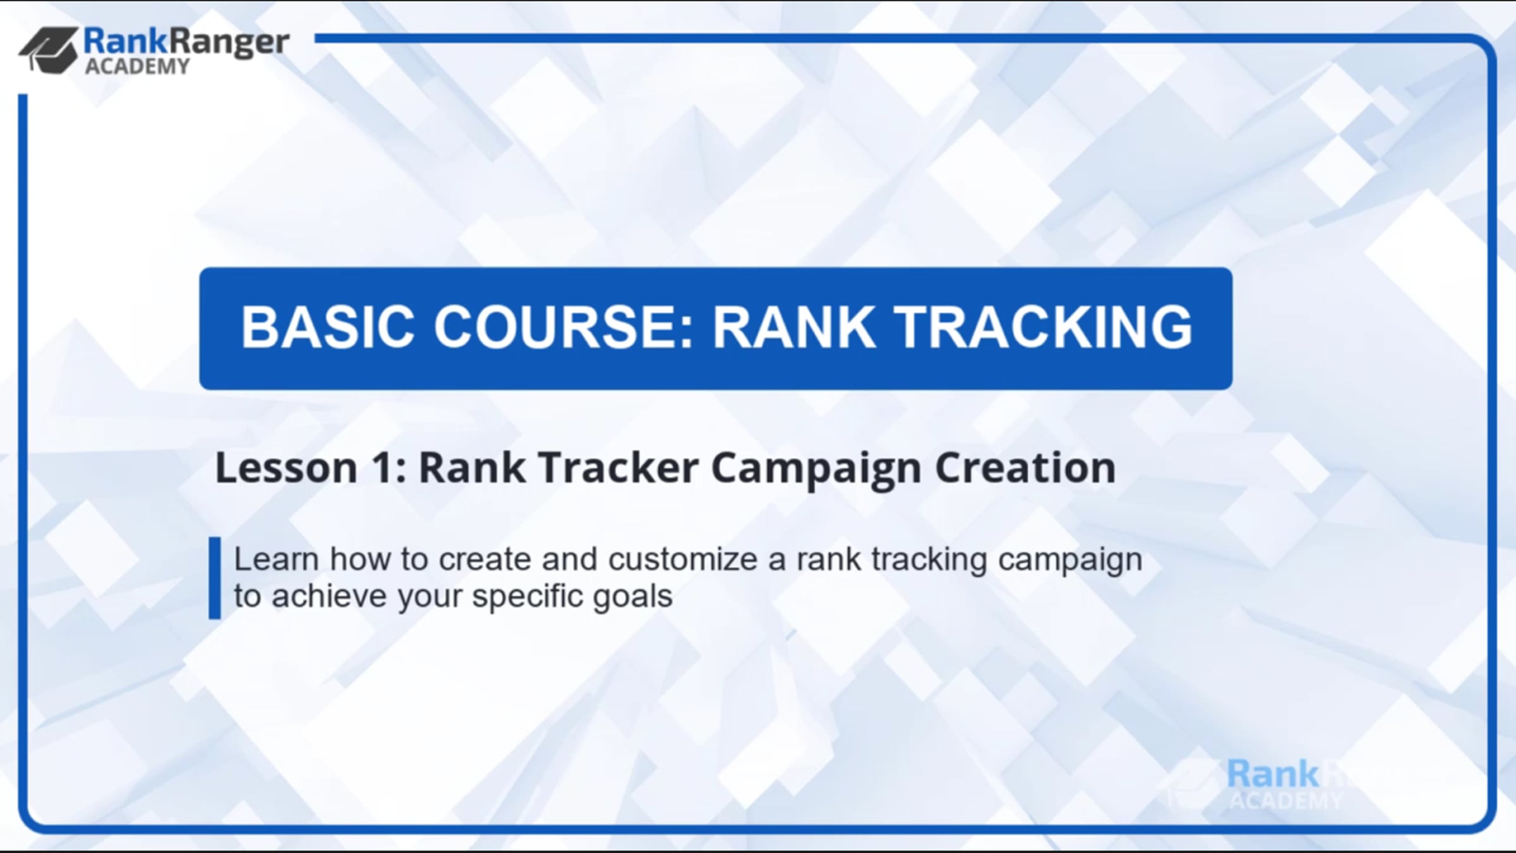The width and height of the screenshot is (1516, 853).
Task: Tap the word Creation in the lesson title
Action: (1025, 468)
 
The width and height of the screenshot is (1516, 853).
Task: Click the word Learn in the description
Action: (276, 559)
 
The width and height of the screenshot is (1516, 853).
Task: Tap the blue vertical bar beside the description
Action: (215, 578)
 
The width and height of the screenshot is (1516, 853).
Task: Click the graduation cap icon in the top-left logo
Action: (49, 50)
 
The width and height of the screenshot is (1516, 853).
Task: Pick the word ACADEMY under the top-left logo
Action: (137, 66)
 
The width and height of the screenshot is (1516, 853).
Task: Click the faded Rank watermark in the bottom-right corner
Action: (1273, 774)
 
